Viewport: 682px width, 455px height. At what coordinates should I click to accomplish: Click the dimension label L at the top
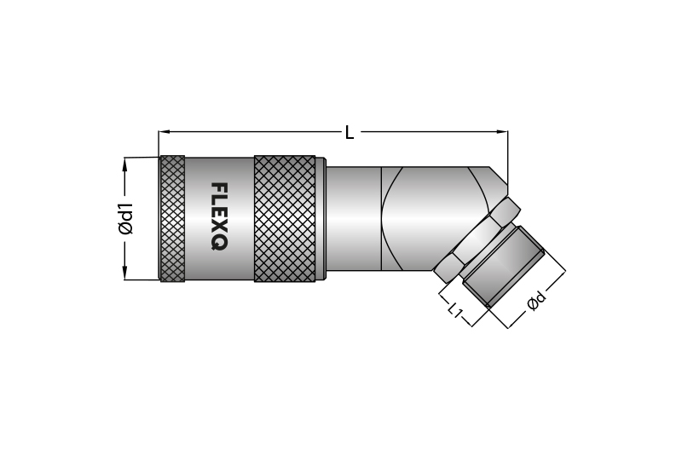(350, 132)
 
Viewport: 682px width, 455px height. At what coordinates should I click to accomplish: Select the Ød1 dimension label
(126, 218)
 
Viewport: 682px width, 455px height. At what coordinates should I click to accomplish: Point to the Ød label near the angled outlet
(535, 302)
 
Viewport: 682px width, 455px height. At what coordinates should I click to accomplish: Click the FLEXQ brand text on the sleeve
(218, 216)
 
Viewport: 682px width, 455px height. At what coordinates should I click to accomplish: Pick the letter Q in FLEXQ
(218, 243)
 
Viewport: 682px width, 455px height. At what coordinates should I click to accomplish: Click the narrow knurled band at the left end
(172, 218)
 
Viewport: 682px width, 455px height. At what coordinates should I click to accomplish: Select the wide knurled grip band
(285, 218)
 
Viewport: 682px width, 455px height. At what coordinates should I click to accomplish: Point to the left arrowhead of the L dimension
(164, 132)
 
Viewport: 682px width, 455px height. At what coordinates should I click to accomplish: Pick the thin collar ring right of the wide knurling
(321, 218)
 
